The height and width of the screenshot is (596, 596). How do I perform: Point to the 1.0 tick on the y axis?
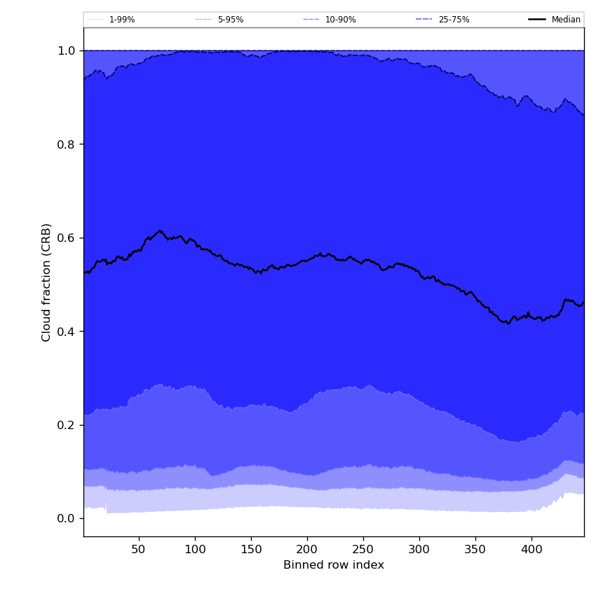[67, 50]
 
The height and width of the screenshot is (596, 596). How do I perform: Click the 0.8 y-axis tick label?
[67, 144]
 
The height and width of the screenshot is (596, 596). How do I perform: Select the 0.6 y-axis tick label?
[67, 238]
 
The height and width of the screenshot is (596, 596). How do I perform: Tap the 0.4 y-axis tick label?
[67, 332]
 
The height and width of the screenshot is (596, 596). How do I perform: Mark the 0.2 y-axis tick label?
[67, 425]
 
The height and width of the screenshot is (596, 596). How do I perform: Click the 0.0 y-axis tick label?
[67, 519]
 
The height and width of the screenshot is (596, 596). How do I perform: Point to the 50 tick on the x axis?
[139, 549]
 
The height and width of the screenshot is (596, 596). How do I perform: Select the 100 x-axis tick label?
[195, 549]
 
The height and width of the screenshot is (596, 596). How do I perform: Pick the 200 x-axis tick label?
[307, 549]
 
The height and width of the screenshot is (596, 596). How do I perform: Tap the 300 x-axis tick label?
[419, 549]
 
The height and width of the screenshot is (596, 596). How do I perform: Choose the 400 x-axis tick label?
[531, 549]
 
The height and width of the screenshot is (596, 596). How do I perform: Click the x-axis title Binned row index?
[334, 565]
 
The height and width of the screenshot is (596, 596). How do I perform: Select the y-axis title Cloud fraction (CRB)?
[47, 282]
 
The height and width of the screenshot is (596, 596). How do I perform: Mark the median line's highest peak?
[160, 230]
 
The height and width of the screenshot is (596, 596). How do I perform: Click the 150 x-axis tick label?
[251, 549]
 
